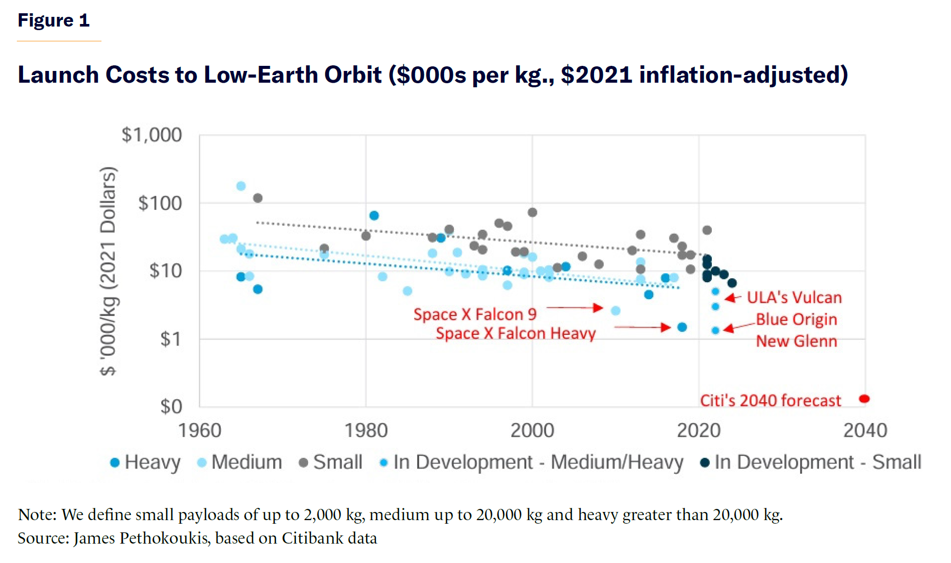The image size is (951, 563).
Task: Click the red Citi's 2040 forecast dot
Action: point(864,399)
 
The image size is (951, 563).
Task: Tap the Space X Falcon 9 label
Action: point(475,314)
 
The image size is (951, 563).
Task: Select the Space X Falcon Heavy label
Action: point(516,333)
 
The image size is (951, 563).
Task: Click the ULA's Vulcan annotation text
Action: point(794,298)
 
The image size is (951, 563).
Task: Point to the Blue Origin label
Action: point(796,320)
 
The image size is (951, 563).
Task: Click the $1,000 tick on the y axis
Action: point(151,135)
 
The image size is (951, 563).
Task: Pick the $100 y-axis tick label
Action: point(160,203)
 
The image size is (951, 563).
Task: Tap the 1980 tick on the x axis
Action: point(366,430)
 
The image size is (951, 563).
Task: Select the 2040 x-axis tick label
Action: point(865,430)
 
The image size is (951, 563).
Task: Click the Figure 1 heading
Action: point(54,20)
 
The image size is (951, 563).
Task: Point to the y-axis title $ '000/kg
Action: point(108,271)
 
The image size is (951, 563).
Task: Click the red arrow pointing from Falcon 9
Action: point(575,308)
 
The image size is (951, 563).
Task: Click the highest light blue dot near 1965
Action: point(241,186)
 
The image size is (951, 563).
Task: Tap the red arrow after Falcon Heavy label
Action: point(642,327)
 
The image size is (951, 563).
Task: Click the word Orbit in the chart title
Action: point(353,75)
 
